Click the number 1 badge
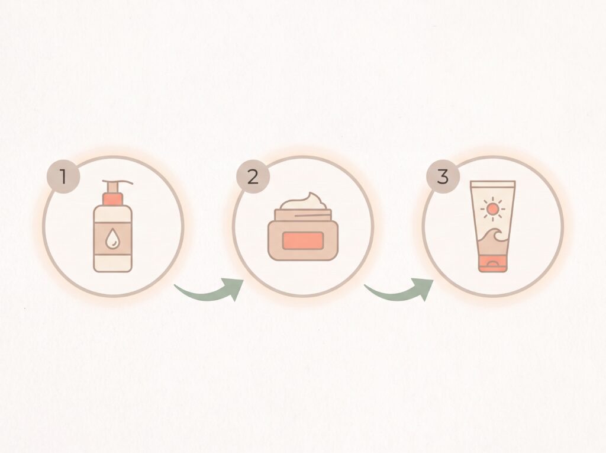pos(63,177)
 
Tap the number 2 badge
pos(253,177)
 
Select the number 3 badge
pos(443,177)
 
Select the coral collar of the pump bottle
pos(113,199)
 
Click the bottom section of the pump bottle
pos(113,263)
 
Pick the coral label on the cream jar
pos(303,240)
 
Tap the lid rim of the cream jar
pos(303,215)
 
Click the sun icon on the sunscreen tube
pos(492,209)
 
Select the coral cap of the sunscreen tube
pos(493,264)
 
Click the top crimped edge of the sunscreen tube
pos(493,184)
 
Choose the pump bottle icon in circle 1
pos(113,226)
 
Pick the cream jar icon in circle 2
pos(303,226)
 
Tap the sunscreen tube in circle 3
pos(493,226)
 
